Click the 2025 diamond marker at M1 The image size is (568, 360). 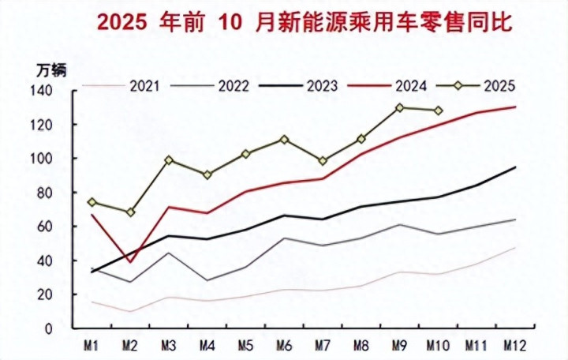click(x=92, y=202)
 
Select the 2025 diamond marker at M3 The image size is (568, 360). click(x=169, y=160)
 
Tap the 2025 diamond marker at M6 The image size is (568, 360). click(x=284, y=140)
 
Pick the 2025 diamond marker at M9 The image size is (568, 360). click(x=400, y=107)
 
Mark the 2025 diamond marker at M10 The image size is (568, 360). click(x=439, y=111)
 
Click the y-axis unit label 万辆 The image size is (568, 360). click(x=52, y=69)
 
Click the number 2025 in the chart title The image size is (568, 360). click(x=122, y=22)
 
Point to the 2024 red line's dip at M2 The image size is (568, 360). click(x=130, y=262)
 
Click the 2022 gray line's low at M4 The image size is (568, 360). click(x=207, y=280)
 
